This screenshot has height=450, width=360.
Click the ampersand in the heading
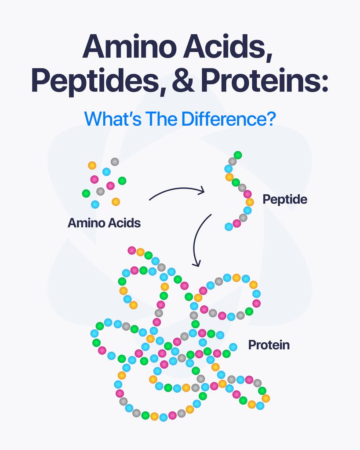tap(184, 80)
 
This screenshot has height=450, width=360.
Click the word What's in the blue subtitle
tap(113, 119)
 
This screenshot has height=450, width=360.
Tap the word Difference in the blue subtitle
tap(229, 119)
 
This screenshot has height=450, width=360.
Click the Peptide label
tap(285, 200)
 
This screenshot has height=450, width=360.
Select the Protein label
tap(269, 345)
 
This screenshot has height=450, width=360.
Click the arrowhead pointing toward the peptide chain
tap(202, 190)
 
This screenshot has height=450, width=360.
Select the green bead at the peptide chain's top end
tap(238, 155)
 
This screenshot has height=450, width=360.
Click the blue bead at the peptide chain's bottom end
tap(229, 227)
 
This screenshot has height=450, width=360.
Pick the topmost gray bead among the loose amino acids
tap(115, 162)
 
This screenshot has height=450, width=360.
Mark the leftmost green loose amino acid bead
tap(86, 193)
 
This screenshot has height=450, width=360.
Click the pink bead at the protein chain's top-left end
tap(132, 250)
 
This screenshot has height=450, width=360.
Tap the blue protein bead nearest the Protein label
tap(233, 347)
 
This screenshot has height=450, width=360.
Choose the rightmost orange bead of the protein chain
tap(266, 398)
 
